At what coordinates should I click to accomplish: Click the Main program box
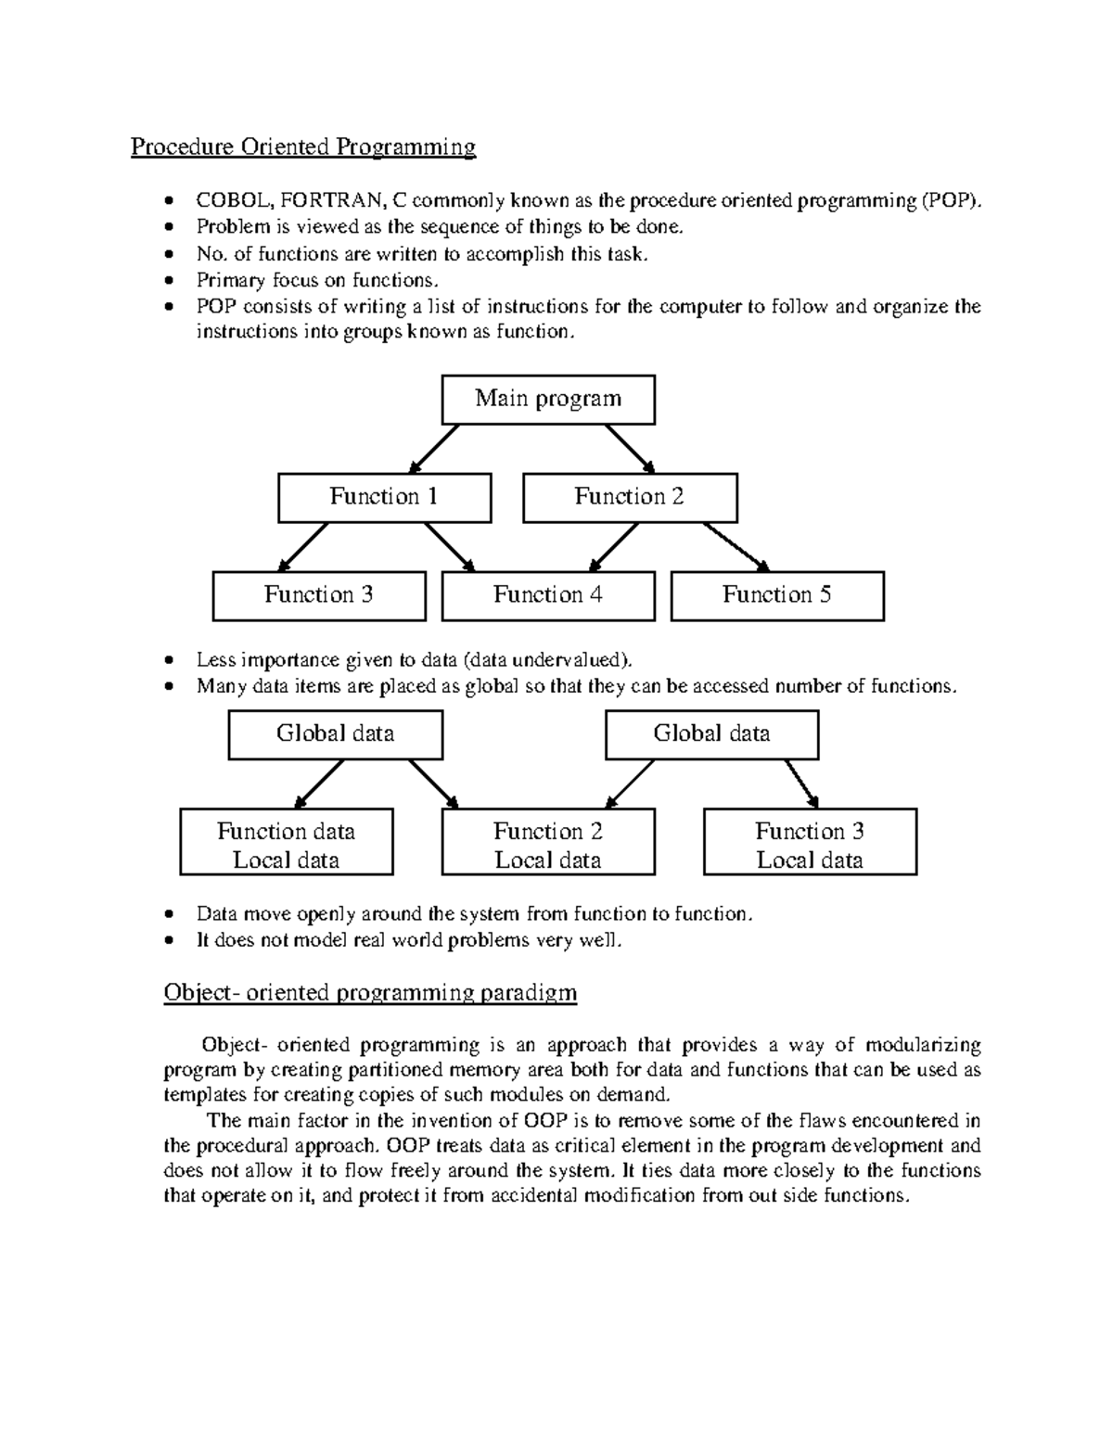[548, 400]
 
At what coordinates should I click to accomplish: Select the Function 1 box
[384, 498]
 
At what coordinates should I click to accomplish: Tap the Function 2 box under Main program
[630, 498]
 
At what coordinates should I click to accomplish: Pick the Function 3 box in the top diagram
[319, 595]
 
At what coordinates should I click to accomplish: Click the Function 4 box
[548, 595]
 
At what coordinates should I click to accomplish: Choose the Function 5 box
[777, 595]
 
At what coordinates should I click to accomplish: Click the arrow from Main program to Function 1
[434, 449]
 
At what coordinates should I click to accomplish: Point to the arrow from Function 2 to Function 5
[736, 546]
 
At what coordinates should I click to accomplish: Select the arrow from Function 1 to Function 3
[303, 546]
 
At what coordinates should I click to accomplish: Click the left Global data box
[336, 734]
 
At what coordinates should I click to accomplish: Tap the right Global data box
[712, 734]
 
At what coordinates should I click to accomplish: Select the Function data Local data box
[287, 842]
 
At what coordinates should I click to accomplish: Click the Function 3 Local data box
[811, 842]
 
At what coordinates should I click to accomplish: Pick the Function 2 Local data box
[548, 842]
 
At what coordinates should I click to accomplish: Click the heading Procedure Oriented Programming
[303, 147]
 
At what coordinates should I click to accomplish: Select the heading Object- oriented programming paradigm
[370, 993]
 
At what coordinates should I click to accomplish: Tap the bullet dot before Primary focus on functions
[168, 281]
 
